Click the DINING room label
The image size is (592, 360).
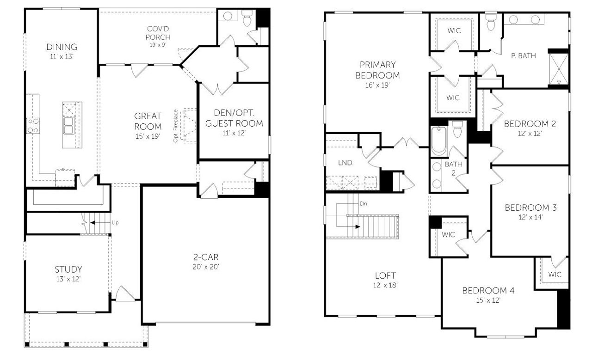click(x=62, y=47)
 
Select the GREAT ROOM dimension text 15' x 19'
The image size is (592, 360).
click(x=148, y=136)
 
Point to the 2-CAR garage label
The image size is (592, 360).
click(x=206, y=257)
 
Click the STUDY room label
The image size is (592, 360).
click(x=68, y=269)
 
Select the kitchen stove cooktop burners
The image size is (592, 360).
click(x=32, y=126)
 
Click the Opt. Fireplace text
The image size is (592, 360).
click(x=176, y=126)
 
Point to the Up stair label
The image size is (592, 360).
click(x=115, y=222)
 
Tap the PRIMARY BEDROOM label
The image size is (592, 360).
click(x=379, y=70)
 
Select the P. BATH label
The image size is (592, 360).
click(x=523, y=56)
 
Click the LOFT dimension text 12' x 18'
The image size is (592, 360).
click(x=385, y=285)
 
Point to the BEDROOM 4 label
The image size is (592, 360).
click(x=488, y=291)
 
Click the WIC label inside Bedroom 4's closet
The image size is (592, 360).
click(x=555, y=275)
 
